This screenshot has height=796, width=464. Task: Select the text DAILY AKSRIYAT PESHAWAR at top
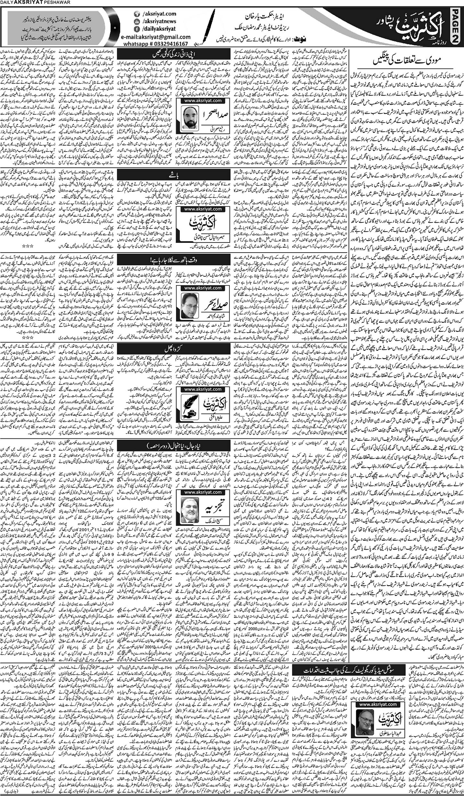(x=24, y=3)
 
